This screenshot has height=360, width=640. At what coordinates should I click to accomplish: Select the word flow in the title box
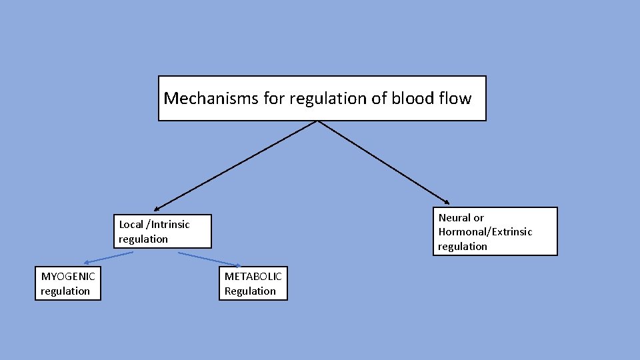(455, 99)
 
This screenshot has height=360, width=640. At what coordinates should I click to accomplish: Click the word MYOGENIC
(68, 276)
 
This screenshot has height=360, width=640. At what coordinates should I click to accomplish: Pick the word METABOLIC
(253, 276)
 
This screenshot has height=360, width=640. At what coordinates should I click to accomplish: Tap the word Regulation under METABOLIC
(250, 291)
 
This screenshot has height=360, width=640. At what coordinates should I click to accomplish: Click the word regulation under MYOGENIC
(65, 291)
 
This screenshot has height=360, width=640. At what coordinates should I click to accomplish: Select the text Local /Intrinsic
(154, 224)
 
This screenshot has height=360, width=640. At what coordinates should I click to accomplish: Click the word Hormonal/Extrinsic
(485, 231)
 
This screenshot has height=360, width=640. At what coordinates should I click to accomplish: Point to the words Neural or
(461, 217)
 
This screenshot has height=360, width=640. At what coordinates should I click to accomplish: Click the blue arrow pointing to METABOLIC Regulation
(209, 259)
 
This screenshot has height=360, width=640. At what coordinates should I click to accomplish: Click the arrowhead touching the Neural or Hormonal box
(447, 201)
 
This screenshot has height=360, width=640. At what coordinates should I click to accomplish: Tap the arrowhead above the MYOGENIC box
(87, 263)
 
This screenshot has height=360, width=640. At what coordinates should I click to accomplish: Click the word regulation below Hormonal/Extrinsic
(463, 246)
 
